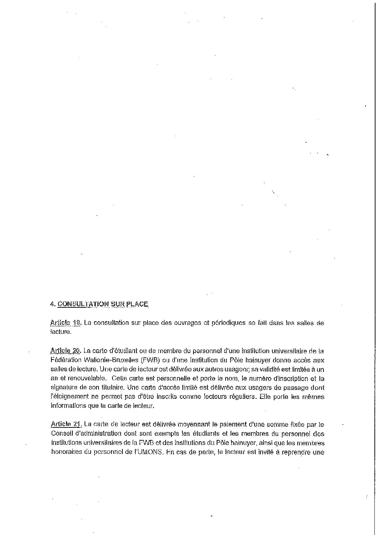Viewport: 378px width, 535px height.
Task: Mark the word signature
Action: point(64,387)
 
